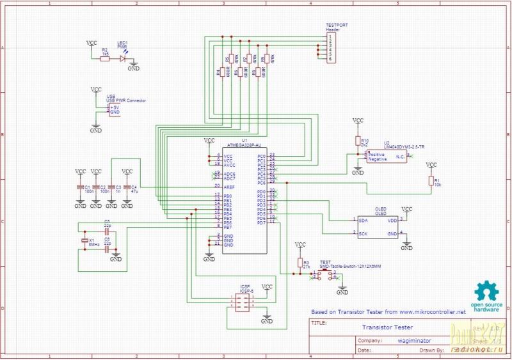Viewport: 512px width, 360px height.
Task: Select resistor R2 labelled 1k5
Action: coord(105,58)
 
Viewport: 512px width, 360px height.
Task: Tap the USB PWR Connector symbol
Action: coord(114,110)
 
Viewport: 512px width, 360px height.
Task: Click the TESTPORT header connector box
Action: coord(330,47)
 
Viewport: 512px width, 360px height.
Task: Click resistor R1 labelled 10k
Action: coord(431,182)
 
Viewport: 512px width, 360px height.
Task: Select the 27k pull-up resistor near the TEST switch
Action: coord(300,263)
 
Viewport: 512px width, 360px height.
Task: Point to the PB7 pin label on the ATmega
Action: coord(228,226)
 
